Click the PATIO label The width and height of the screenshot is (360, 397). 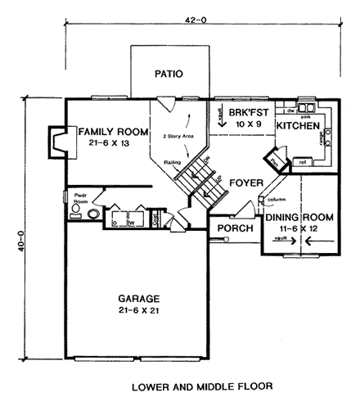click(x=168, y=74)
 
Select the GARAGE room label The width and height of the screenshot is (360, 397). click(x=137, y=299)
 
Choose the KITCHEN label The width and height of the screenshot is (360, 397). click(x=297, y=126)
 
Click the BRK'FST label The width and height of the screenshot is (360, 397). click(x=245, y=114)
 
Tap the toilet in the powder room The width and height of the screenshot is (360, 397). click(x=75, y=211)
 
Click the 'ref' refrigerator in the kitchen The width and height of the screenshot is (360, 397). click(x=303, y=162)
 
